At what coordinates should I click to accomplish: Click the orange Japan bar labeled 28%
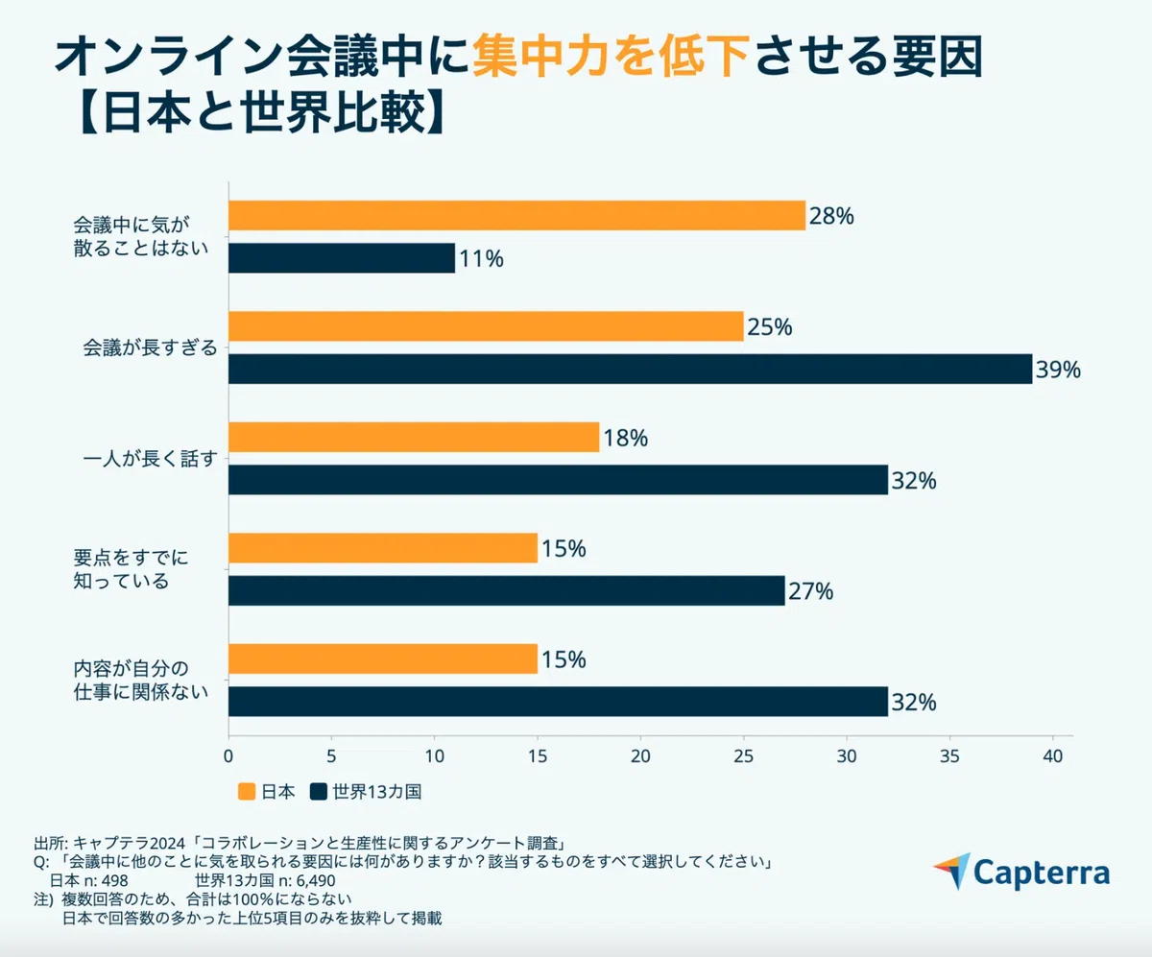(x=517, y=215)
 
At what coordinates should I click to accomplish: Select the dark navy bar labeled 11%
(x=342, y=258)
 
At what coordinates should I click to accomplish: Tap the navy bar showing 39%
(x=631, y=369)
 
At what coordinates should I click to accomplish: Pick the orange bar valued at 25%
(x=486, y=326)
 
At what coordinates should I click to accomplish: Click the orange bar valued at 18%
(x=414, y=438)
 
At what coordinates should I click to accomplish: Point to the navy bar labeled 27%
(x=507, y=590)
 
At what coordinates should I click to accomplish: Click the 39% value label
(x=1058, y=370)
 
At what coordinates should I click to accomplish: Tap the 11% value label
(x=482, y=259)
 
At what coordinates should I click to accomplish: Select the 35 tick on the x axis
(x=949, y=756)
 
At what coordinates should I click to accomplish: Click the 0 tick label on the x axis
(x=228, y=756)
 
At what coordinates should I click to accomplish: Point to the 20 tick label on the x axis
(x=640, y=756)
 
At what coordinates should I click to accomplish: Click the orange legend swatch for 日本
(x=247, y=792)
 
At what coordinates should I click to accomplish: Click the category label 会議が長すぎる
(x=150, y=347)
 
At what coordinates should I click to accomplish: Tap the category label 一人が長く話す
(x=150, y=459)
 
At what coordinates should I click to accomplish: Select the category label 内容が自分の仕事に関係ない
(x=141, y=681)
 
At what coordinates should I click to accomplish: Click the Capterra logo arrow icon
(x=953, y=871)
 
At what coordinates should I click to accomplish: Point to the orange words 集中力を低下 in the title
(x=612, y=57)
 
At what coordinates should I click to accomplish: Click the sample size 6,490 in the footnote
(x=316, y=880)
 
